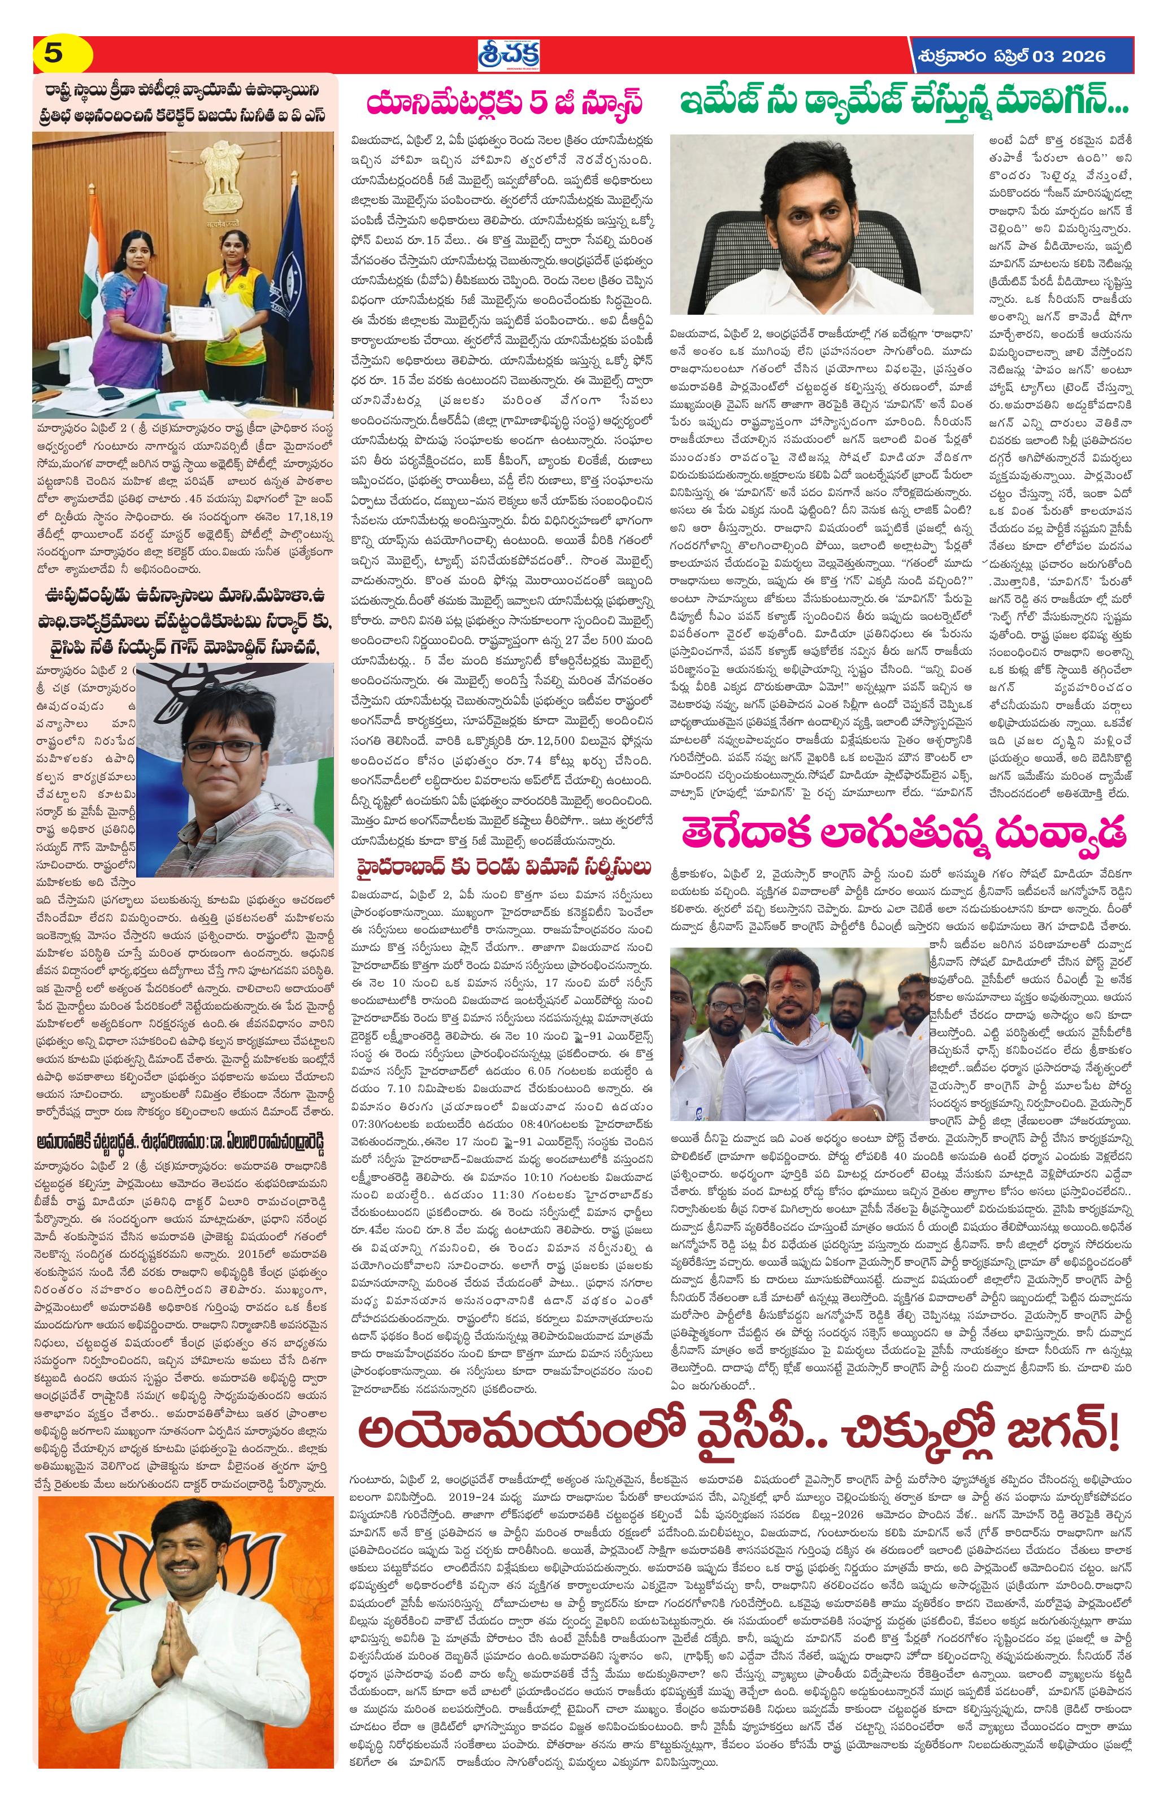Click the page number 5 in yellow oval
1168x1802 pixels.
tap(53, 55)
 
